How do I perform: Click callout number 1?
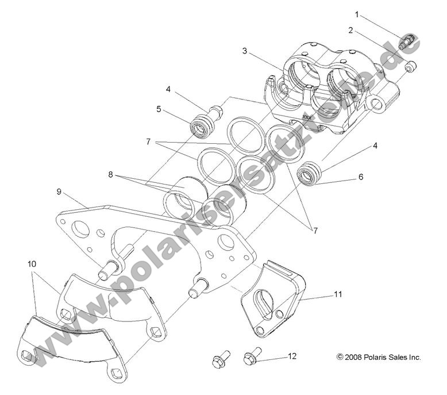pyautogui.click(x=357, y=14)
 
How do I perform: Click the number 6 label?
pyautogui.click(x=360, y=177)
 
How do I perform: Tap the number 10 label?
pyautogui.click(x=32, y=263)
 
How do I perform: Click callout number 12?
pyautogui.click(x=292, y=356)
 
